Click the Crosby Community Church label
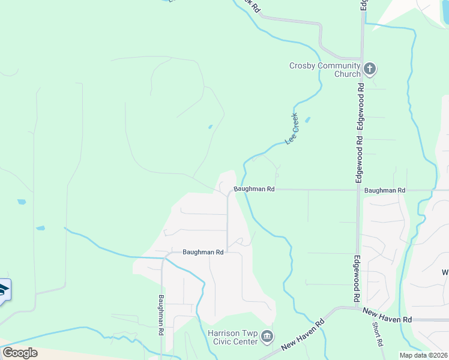(325, 70)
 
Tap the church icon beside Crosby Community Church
(370, 69)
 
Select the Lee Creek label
(293, 128)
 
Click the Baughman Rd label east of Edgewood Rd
(385, 190)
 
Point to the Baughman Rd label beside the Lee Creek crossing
(254, 189)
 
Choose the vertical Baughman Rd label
(161, 314)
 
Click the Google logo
(20, 352)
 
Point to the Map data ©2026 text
(423, 355)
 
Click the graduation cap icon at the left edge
(3, 292)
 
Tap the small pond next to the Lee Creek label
(307, 120)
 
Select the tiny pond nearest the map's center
(210, 127)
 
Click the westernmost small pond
(22, 202)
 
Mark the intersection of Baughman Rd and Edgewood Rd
(359, 190)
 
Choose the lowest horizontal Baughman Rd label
(203, 253)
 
